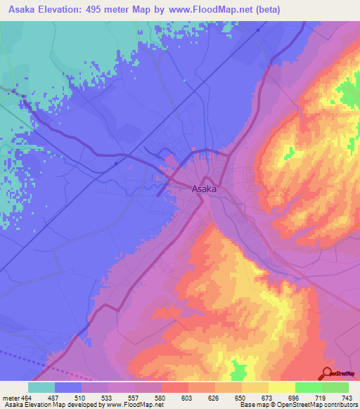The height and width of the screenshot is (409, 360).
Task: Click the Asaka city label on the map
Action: point(204,188)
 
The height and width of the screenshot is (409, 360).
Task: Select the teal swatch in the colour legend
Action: point(41,387)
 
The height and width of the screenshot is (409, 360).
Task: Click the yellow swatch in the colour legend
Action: point(281,387)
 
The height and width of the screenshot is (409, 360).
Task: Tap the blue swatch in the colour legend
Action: point(68,387)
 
